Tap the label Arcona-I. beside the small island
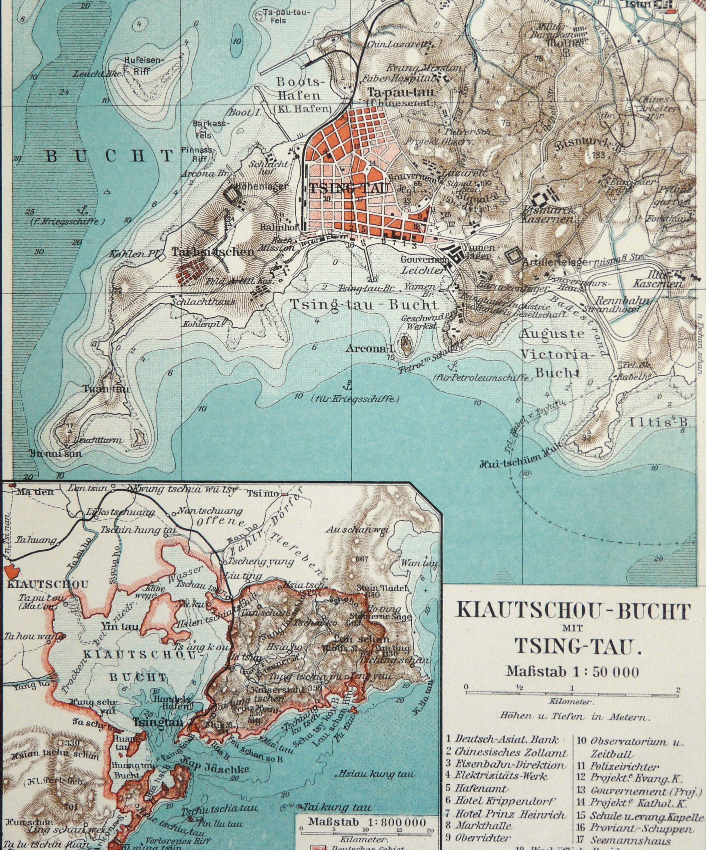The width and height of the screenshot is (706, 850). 369,349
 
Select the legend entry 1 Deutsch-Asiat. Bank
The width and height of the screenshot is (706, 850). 502,739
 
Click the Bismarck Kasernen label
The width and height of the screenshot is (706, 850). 549,215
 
